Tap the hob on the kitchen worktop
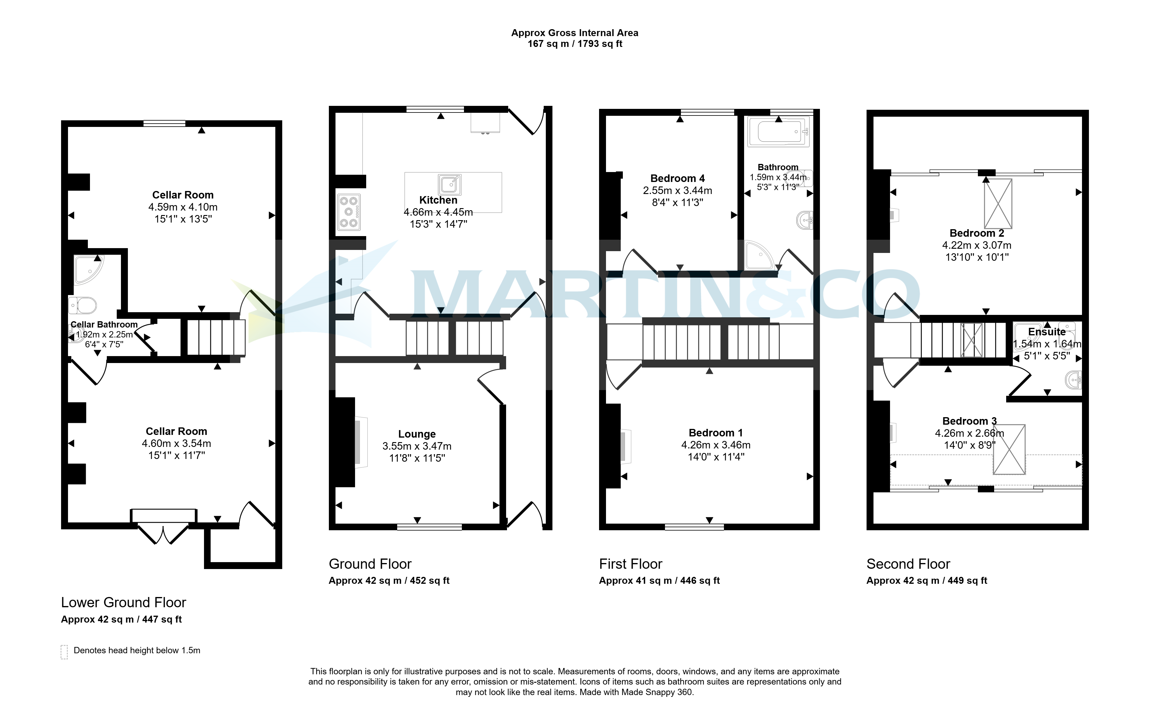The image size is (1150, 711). (x=348, y=212)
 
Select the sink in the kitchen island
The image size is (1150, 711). (x=450, y=184)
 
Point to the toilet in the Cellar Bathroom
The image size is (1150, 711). (x=83, y=305)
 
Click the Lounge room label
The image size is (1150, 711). (x=417, y=434)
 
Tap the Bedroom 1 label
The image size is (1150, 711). (x=716, y=432)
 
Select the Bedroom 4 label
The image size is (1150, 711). (x=677, y=178)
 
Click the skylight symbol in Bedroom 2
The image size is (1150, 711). (x=998, y=204)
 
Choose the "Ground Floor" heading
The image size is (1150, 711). (x=370, y=564)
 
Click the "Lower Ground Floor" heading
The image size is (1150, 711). (x=124, y=602)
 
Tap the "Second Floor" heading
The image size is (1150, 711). (x=908, y=564)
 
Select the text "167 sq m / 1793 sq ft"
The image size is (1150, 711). (x=575, y=44)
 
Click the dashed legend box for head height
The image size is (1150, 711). (x=64, y=652)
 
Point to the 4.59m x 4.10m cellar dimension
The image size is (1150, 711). (x=183, y=207)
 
